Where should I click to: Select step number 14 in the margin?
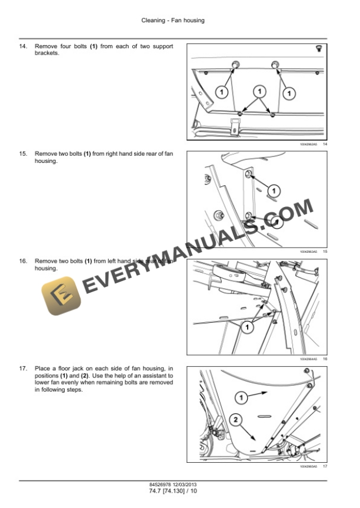(24, 46)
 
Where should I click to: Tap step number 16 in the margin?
(24, 261)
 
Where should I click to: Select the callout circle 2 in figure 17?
(236, 420)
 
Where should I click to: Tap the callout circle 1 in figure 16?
(248, 326)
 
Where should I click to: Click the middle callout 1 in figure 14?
(258, 91)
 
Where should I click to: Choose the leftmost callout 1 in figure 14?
(221, 92)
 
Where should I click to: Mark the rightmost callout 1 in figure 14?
(289, 92)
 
